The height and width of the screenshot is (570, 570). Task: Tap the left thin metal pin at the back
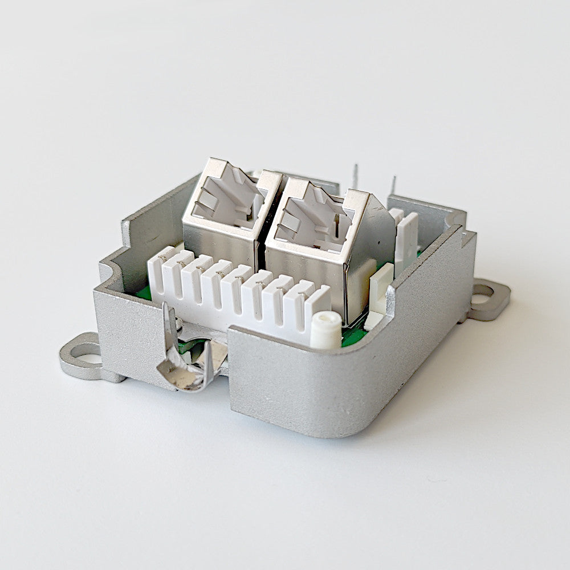[x=355, y=177]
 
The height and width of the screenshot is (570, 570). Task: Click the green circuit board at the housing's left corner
[x=143, y=292]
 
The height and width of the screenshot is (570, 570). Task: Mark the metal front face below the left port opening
[x=217, y=242]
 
